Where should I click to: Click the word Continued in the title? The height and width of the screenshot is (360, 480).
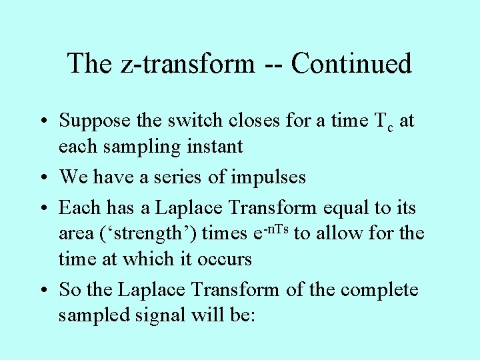(351, 64)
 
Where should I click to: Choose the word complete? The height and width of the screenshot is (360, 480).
(379, 290)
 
